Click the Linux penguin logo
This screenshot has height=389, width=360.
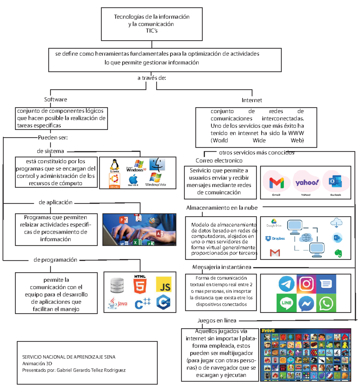tap(115, 165)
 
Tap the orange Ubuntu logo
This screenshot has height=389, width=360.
tap(114, 180)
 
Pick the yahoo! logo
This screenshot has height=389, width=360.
tap(307, 182)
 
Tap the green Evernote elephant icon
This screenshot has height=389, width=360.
tap(338, 253)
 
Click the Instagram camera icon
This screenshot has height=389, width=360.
tap(306, 284)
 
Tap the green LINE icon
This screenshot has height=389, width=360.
tap(286, 303)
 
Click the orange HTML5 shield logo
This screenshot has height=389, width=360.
tap(140, 284)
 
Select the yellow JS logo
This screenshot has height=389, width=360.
tap(164, 285)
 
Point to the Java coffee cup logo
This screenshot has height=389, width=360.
tap(118, 303)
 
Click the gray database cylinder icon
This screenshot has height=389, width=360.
tap(117, 285)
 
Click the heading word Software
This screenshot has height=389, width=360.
tap(55, 99)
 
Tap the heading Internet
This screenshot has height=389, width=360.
tap(252, 100)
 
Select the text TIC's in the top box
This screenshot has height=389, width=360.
tap(151, 31)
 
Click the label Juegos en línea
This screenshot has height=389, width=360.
tap(217, 321)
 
